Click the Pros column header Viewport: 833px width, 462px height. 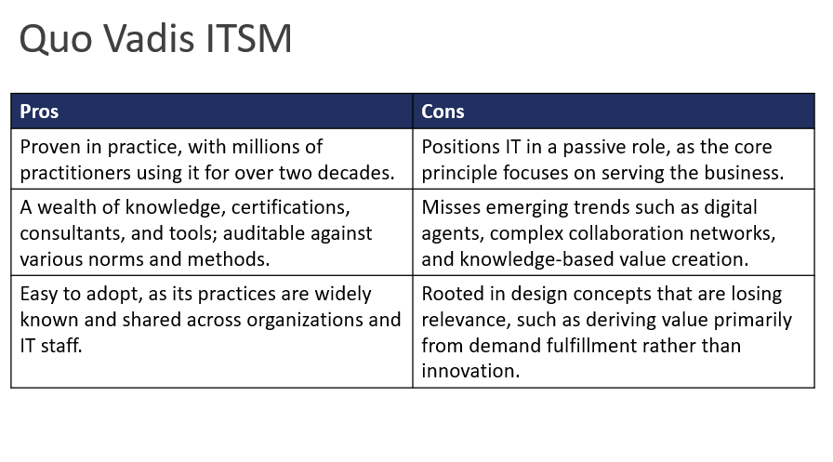pyautogui.click(x=39, y=112)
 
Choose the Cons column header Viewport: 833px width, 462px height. pyautogui.click(x=443, y=112)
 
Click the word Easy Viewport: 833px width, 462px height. pyautogui.click(x=39, y=295)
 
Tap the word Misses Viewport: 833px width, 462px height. pyautogui.click(x=450, y=207)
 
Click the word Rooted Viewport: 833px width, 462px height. pyautogui.click(x=452, y=295)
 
